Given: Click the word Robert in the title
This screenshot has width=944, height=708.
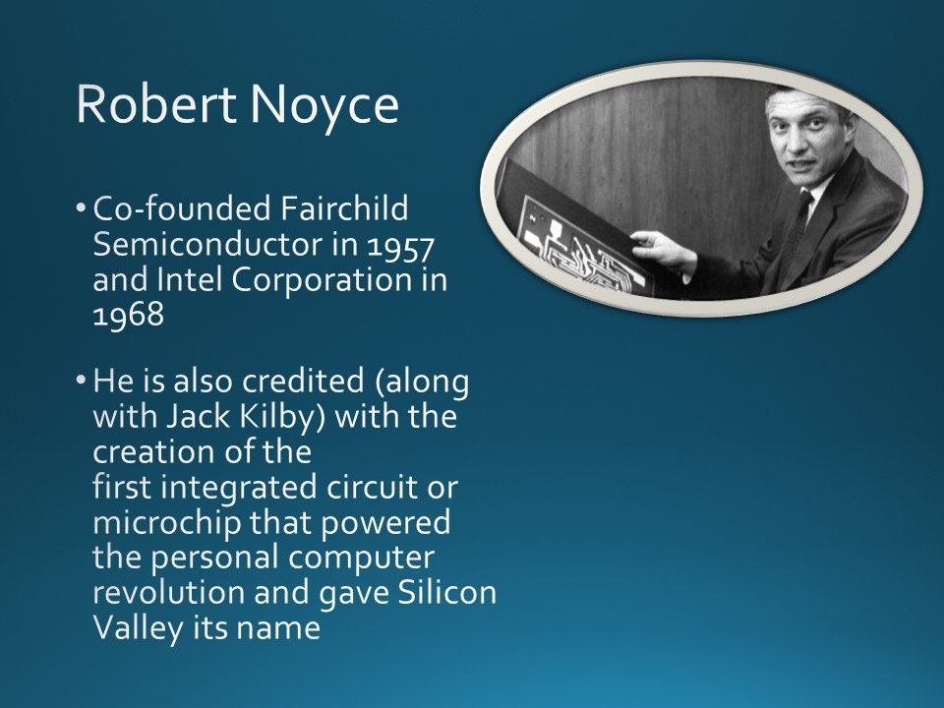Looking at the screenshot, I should pos(144,104).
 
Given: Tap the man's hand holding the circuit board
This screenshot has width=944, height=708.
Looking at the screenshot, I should pos(660,251).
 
